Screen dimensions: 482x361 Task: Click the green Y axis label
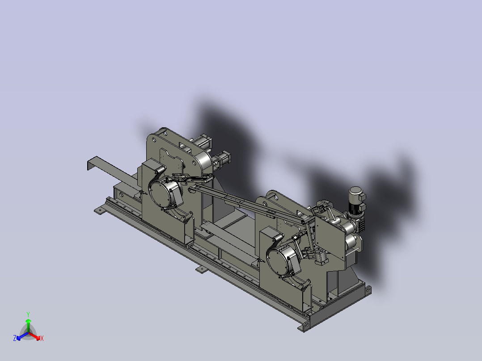click(28, 314)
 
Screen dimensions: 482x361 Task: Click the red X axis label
click(42, 338)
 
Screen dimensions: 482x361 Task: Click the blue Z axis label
click(15, 338)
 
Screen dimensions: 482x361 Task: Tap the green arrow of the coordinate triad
click(28, 326)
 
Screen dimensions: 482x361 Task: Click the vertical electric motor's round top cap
click(355, 191)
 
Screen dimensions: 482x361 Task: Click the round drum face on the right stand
click(279, 261)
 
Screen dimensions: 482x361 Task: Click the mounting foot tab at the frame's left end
click(100, 211)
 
